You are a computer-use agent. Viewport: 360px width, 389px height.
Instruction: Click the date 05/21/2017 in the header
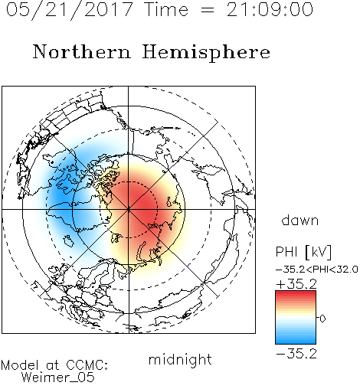[x=70, y=10]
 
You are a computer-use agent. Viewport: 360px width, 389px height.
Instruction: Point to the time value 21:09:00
[x=270, y=10]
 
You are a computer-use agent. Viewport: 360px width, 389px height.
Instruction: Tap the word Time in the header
[x=166, y=10]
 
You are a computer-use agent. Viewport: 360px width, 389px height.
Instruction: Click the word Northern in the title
[x=82, y=52]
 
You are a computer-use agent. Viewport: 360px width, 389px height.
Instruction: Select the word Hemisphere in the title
[x=206, y=52]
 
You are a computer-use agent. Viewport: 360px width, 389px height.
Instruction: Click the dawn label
[x=300, y=221]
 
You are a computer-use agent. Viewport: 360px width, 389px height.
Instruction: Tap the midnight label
[x=180, y=359]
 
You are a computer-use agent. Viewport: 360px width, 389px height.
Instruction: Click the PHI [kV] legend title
[x=303, y=252]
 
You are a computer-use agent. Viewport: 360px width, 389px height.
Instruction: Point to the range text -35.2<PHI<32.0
[x=317, y=270]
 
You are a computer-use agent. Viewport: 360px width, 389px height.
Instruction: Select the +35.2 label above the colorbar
[x=296, y=284]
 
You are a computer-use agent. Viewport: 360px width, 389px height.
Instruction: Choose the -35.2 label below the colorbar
[x=296, y=354]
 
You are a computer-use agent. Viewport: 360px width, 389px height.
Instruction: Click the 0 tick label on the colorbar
[x=322, y=319]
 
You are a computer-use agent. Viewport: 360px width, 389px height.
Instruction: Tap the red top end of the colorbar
[x=296, y=293]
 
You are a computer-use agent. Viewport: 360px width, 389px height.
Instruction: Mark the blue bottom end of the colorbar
[x=296, y=342]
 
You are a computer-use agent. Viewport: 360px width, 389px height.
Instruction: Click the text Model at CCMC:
[x=54, y=365]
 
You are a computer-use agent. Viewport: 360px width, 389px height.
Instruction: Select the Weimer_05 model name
[x=58, y=378]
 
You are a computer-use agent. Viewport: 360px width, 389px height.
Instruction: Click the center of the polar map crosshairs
[x=129, y=209]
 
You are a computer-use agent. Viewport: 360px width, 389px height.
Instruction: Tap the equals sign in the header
[x=208, y=10]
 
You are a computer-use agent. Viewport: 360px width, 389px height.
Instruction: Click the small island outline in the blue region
[x=68, y=240]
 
